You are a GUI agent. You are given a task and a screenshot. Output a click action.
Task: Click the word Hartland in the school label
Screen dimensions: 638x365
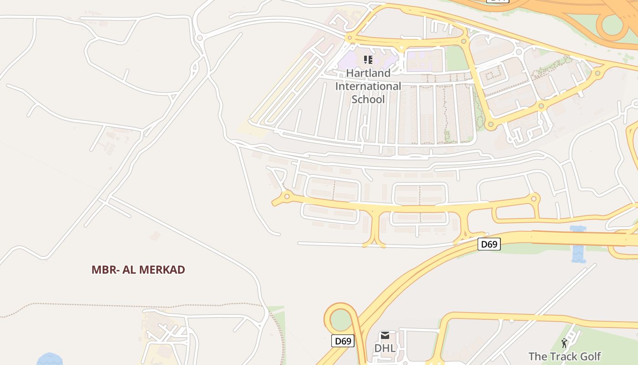(368, 73)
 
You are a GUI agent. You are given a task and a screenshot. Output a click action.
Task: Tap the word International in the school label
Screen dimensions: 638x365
(368, 86)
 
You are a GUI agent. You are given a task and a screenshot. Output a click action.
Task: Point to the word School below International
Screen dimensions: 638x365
(368, 99)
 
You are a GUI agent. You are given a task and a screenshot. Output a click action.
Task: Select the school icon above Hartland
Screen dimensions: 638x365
(368, 59)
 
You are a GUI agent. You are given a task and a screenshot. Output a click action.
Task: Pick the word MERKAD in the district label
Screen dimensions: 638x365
(162, 270)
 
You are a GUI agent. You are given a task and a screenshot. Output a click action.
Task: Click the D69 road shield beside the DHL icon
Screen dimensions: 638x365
(343, 341)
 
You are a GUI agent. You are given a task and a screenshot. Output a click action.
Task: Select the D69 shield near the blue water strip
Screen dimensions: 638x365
(489, 244)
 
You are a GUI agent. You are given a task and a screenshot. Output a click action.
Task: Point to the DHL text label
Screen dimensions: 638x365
(385, 348)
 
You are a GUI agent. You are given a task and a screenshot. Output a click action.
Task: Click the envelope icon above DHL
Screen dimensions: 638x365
(385, 336)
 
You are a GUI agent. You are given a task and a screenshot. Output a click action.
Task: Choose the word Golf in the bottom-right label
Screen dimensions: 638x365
(591, 356)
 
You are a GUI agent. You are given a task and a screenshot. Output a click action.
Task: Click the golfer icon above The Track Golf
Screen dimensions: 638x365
(565, 343)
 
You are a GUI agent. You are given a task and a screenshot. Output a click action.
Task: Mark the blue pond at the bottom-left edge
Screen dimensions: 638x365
(49, 359)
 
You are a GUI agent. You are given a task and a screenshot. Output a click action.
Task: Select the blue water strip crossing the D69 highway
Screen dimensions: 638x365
(578, 245)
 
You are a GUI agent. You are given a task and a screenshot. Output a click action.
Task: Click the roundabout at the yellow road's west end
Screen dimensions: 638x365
(287, 197)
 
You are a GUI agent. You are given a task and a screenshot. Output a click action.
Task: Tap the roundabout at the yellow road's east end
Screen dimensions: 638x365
(534, 198)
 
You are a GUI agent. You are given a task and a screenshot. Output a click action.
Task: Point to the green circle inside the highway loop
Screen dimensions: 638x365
(341, 320)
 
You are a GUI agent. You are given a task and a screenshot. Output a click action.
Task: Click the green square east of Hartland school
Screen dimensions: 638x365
(456, 59)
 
